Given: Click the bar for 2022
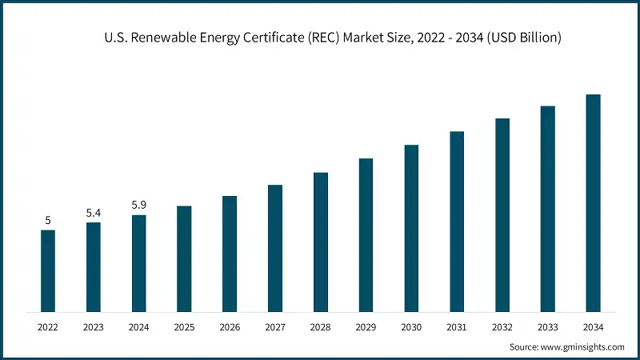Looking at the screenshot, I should point(48,270).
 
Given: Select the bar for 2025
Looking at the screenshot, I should point(184,258).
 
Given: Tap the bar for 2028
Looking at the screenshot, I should point(321,242).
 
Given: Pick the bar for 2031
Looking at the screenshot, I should point(457,221).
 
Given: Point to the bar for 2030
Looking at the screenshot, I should point(411,228).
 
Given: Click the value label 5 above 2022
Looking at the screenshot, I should point(48,220).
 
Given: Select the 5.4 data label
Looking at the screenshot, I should point(94,213).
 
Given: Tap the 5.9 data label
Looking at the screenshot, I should point(139,206).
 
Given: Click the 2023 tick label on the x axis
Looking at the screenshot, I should point(94,327).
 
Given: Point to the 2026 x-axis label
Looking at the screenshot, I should point(230,327).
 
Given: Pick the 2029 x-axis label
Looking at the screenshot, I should point(366,327).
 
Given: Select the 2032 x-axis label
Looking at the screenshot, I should point(502,327).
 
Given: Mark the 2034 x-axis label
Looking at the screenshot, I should point(593,327).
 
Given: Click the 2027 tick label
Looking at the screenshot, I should point(275,327).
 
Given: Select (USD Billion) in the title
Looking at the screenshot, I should point(520,36).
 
